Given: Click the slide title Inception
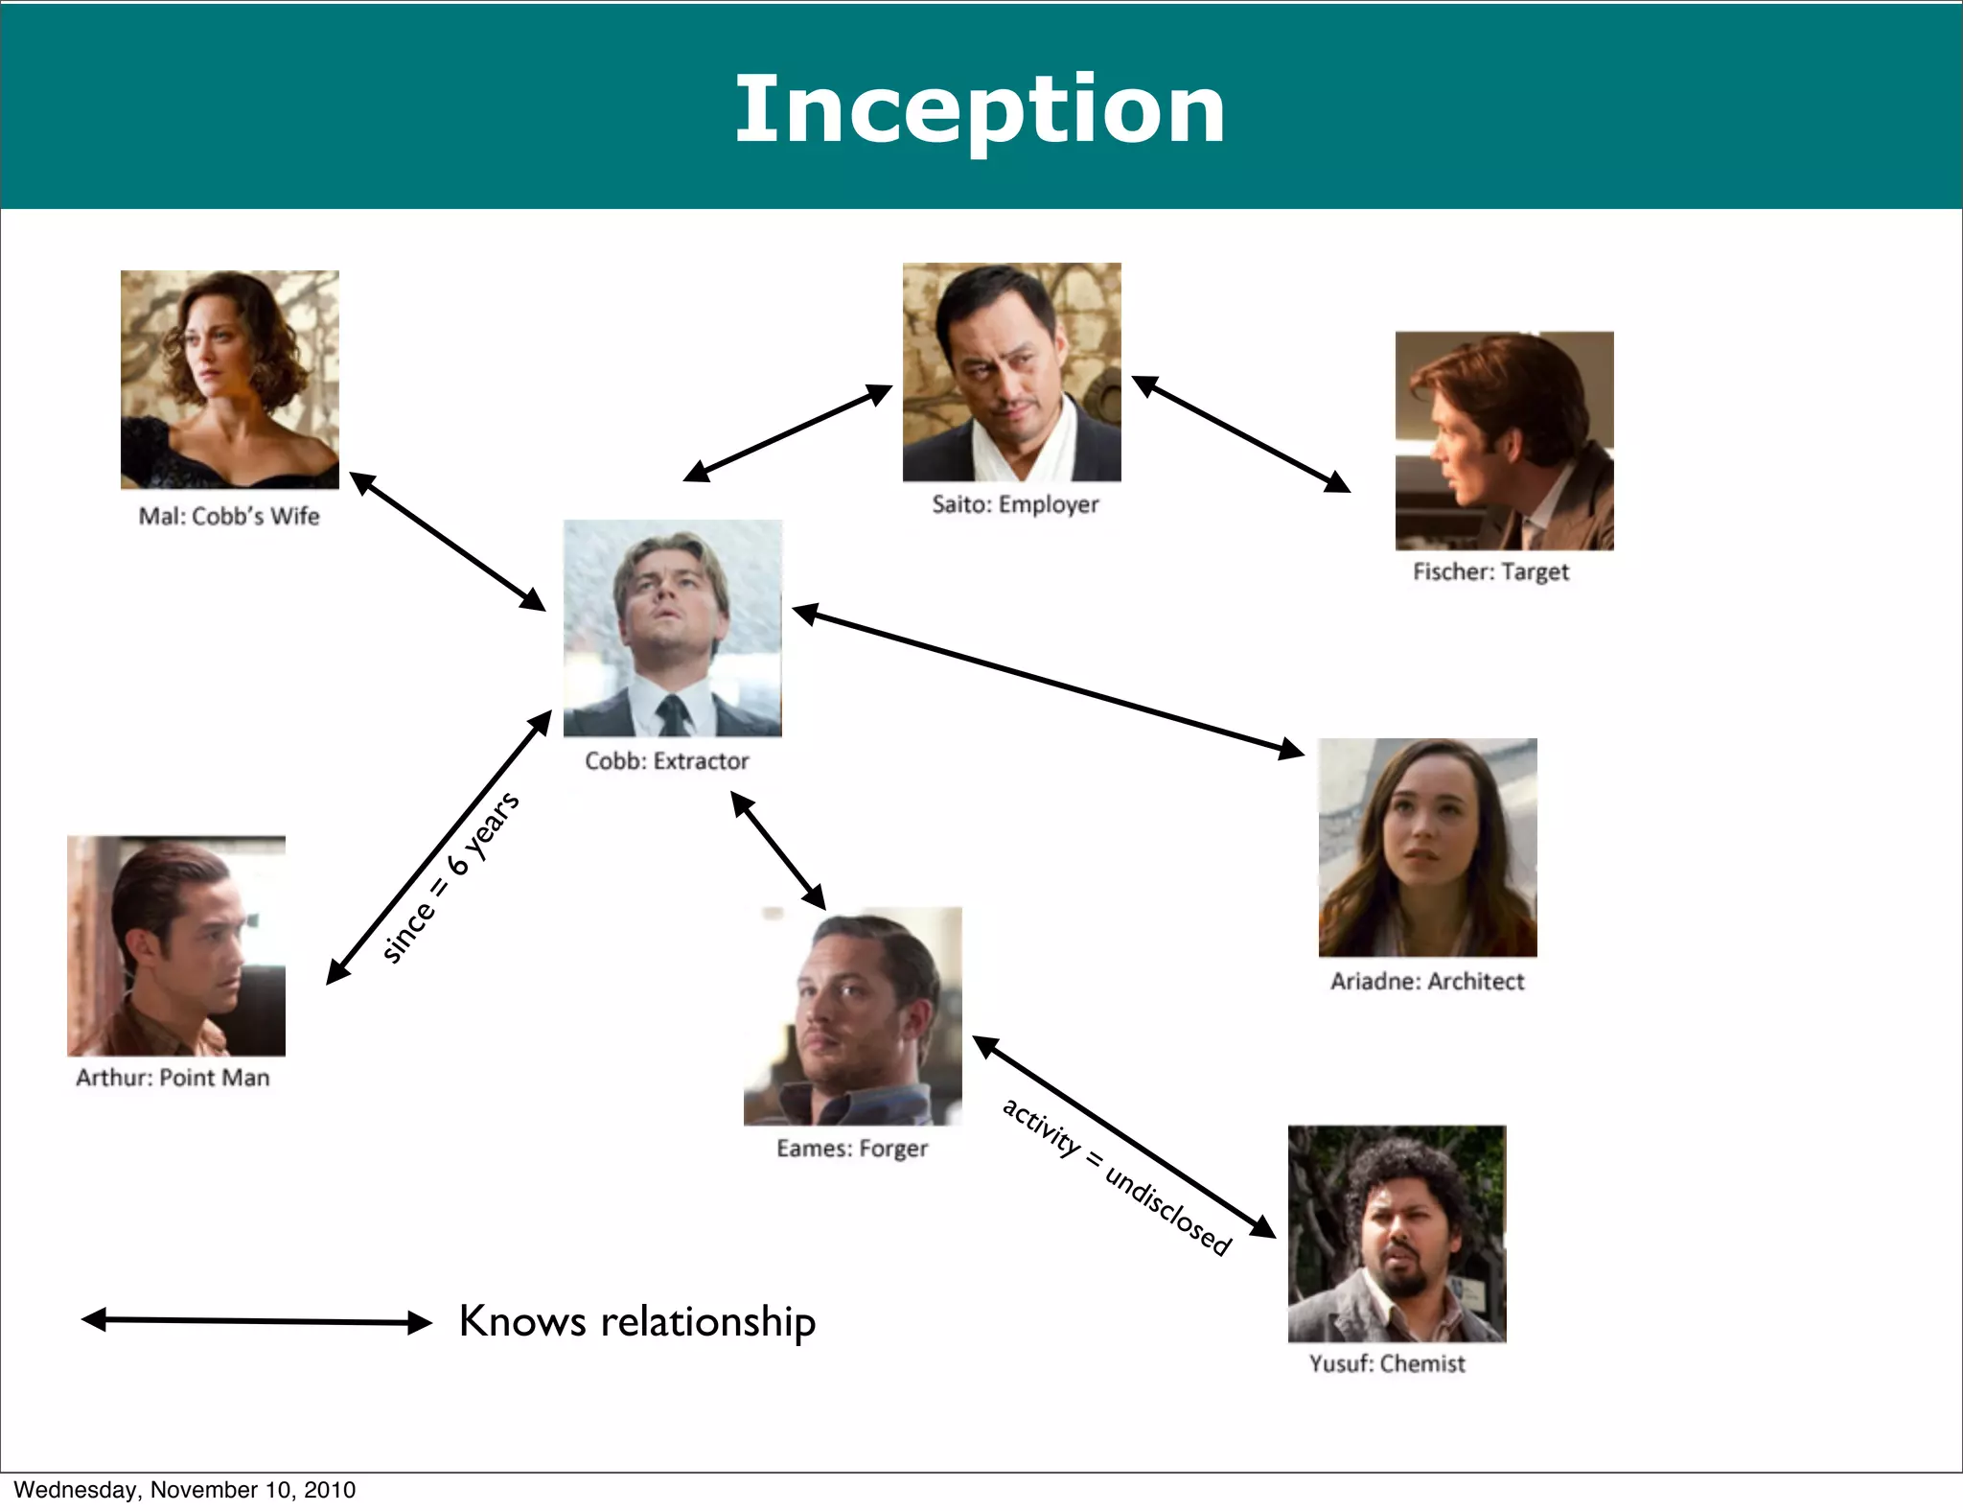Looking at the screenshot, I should tap(980, 109).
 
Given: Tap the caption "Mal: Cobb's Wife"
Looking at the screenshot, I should tap(229, 516).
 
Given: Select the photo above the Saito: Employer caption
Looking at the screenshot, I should tap(1011, 372).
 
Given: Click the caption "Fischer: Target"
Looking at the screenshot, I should tap(1490, 571).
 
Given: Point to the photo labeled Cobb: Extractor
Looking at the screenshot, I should tap(672, 628).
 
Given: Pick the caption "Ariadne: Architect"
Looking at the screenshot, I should tap(1426, 981).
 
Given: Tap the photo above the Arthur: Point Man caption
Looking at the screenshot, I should tap(176, 945).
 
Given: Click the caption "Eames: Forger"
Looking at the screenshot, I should tap(852, 1148).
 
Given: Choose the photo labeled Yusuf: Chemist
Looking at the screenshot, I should tap(1397, 1233).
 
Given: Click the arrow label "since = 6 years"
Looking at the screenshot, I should tap(450, 876).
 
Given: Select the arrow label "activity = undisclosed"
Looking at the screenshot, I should tap(1116, 1175).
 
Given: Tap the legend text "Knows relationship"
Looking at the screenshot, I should tap(637, 1321).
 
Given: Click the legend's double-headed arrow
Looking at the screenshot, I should tap(257, 1321).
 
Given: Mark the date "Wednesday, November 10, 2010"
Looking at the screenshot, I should tap(184, 1489).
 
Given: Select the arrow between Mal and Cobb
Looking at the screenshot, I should tap(448, 542).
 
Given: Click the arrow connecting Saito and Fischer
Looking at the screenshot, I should tap(1241, 434).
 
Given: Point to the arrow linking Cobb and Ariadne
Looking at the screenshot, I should tap(1049, 681).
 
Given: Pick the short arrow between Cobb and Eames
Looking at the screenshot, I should tap(778, 849).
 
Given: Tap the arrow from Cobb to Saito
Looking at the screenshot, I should tap(788, 432).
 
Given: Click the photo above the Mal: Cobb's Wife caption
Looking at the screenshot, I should tap(230, 380).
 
